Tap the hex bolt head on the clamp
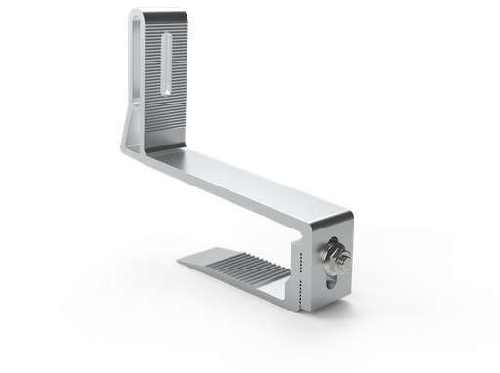point(338,257)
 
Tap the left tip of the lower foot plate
point(184,262)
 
